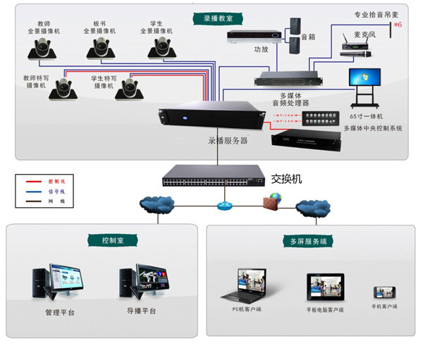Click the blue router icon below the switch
pyautogui.click(x=224, y=205)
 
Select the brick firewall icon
pyautogui.click(x=270, y=202)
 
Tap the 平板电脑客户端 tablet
pyautogui.click(x=324, y=285)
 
